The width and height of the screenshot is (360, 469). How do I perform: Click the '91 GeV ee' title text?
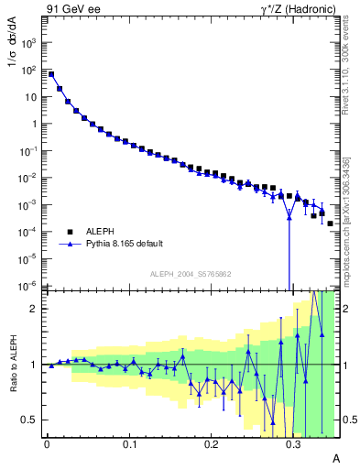(x=71, y=10)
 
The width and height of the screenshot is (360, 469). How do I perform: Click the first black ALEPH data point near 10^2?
(x=51, y=74)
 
